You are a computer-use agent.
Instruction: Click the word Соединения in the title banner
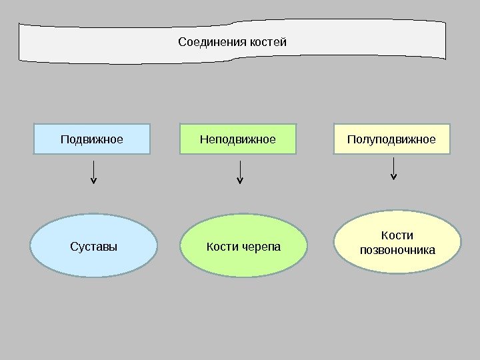212,43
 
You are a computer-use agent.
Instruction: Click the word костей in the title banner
268,43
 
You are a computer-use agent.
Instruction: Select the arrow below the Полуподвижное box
393,169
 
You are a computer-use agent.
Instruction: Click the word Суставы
93,247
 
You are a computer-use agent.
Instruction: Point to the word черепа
261,247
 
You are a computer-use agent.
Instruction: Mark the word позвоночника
397,251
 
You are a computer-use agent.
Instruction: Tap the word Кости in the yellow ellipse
397,235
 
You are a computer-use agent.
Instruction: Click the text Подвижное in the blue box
92,139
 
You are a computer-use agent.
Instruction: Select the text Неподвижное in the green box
238,139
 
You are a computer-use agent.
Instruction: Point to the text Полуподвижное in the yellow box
392,139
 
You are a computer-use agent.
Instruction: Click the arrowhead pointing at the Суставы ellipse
93,180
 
